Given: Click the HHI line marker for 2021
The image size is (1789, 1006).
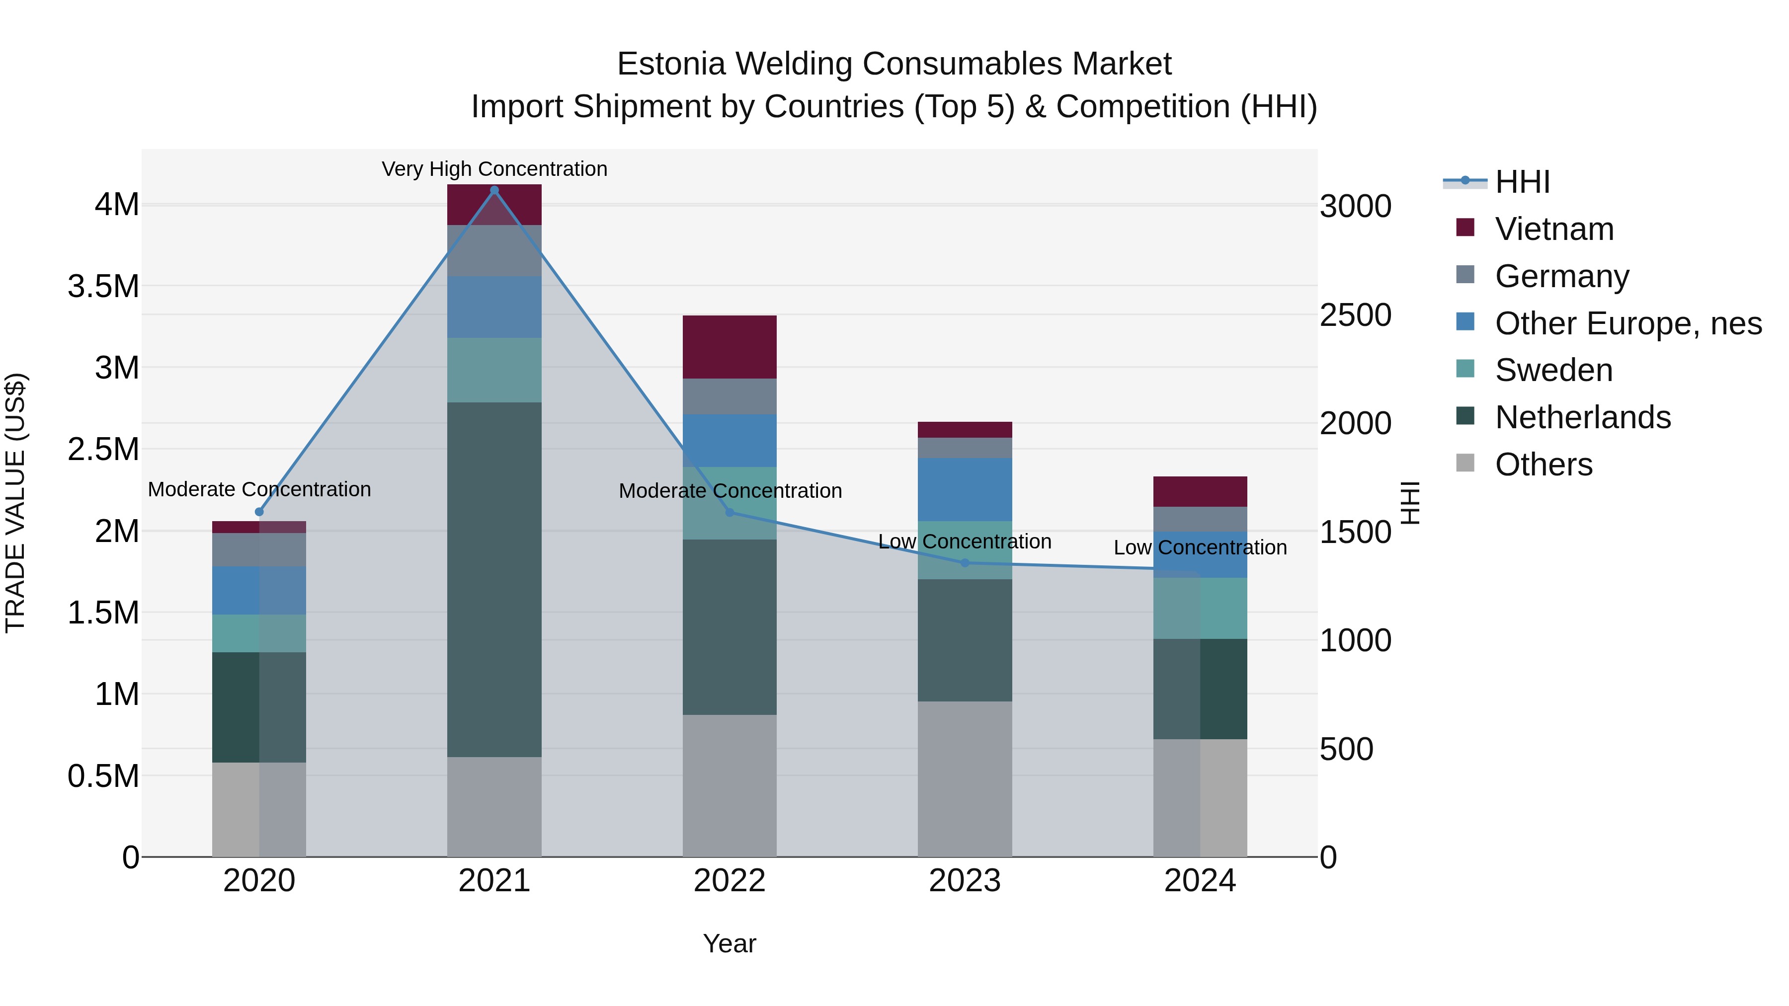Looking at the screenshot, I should point(494,190).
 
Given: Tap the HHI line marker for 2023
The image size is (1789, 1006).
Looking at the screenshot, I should point(965,563).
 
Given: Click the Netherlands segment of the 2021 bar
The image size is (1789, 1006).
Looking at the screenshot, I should point(494,579).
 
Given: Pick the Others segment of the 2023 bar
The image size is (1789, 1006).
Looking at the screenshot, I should point(965,778).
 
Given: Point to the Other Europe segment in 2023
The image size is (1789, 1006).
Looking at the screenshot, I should point(965,489).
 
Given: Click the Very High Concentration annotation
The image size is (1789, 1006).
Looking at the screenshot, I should point(494,169).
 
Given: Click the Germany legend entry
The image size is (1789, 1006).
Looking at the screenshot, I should point(1562,276).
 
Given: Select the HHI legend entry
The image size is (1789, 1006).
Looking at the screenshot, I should point(1522,182).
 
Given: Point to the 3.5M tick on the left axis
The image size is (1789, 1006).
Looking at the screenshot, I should point(103,286).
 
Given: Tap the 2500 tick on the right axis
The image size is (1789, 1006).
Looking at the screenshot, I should point(1355,315).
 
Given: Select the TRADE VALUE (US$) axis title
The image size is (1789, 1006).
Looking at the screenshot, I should point(15,503).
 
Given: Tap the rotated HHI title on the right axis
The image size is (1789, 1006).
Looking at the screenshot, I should point(1410,503).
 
